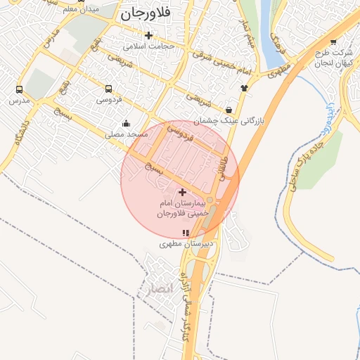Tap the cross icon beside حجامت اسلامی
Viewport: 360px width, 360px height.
[x=148, y=35]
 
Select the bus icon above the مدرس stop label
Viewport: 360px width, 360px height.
[x=18, y=90]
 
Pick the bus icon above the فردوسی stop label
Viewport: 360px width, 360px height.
[x=108, y=89]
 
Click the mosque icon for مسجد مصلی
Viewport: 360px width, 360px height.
[x=126, y=122]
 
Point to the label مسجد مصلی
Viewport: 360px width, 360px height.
[x=126, y=134]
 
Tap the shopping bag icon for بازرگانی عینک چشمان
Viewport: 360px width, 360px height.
[x=229, y=110]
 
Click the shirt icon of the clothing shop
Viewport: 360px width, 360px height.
[x=244, y=88]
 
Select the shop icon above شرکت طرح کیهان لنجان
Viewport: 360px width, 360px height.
[x=333, y=41]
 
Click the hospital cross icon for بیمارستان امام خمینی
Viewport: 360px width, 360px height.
[x=182, y=192]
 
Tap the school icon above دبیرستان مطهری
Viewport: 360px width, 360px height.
[x=186, y=233]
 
